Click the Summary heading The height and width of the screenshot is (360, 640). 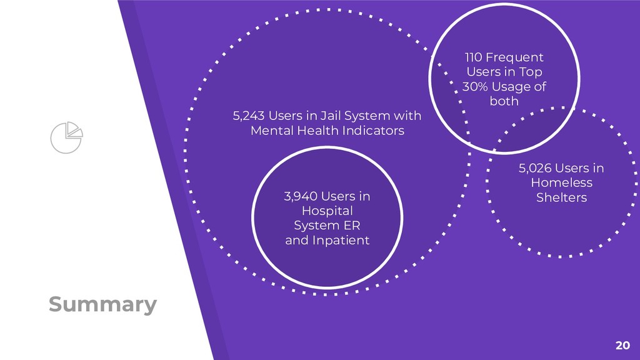tap(102, 304)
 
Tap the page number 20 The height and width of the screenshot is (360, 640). tap(622, 344)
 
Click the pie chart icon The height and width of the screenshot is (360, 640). tap(66, 136)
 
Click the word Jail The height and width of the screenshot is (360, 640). tap(331, 116)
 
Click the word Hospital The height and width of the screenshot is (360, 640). tap(327, 211)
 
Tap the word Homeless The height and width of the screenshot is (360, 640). tap(561, 182)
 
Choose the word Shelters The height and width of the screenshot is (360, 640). tap(561, 197)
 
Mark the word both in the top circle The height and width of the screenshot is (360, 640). tap(504, 101)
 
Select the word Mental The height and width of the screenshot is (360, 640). tap(269, 131)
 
